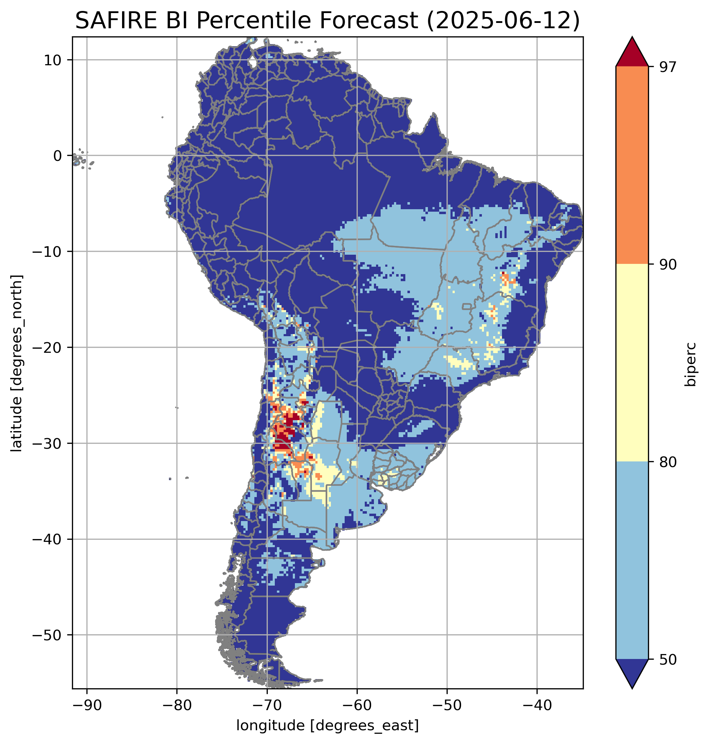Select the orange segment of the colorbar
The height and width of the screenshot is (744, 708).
pyautogui.click(x=632, y=165)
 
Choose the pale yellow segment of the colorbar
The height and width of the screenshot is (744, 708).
pyautogui.click(x=632, y=362)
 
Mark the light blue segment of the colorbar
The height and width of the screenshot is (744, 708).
pyautogui.click(x=632, y=561)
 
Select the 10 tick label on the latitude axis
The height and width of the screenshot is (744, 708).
pyautogui.click(x=53, y=60)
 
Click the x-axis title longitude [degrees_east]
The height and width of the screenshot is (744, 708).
pyautogui.click(x=327, y=726)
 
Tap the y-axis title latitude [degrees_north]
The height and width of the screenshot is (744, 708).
pyautogui.click(x=17, y=363)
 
